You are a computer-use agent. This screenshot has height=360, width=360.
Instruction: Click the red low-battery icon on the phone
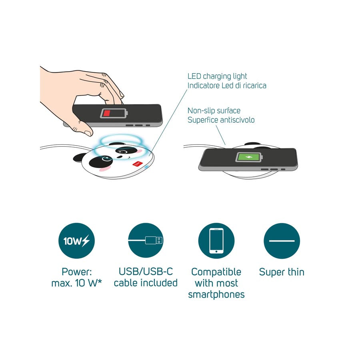114,113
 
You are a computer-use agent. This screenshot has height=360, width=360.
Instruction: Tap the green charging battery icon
249,157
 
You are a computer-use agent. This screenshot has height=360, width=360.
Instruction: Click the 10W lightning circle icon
76,241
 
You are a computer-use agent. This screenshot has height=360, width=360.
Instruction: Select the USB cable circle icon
146,241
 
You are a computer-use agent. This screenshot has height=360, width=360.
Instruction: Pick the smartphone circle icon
216,241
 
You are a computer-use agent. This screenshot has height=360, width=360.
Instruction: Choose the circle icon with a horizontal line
282,241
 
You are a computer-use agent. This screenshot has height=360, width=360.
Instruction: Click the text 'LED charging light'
217,76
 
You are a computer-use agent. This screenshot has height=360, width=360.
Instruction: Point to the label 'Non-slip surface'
214,111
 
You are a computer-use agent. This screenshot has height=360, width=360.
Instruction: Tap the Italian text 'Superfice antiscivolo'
221,120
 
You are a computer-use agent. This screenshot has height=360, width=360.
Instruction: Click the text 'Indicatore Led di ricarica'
227,86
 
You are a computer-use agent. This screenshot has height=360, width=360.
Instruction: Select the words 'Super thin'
282,272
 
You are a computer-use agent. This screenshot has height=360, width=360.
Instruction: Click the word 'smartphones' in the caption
216,294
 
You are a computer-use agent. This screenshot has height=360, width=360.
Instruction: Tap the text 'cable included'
146,283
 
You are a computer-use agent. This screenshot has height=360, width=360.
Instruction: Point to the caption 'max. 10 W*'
76,283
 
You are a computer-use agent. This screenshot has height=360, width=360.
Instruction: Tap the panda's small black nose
120,157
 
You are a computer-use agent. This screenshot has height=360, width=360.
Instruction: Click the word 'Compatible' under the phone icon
216,272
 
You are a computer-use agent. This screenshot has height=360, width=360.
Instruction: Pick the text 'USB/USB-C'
146,272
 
